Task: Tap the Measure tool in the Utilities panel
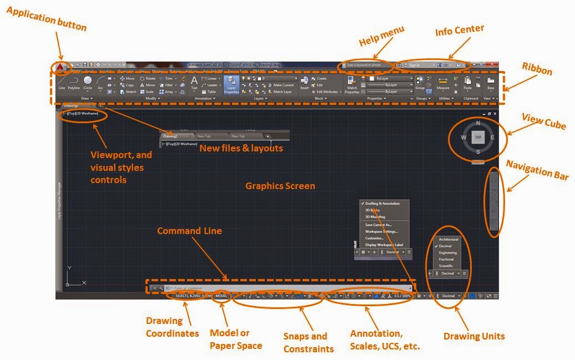pos(443,83)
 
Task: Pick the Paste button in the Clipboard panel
pos(467,83)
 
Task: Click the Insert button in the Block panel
pos(304,83)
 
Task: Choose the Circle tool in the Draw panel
pos(88,83)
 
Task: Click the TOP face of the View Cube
pos(478,136)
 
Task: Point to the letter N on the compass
pos(478,123)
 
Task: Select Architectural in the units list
pos(448,239)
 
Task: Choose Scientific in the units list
pos(446,266)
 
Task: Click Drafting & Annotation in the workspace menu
pos(383,204)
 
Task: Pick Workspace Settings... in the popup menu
pos(381,231)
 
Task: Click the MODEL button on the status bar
pos(222,296)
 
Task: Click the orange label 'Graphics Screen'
pos(280,186)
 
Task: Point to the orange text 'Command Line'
pos(189,231)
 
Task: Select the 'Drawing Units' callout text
pos(474,336)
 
